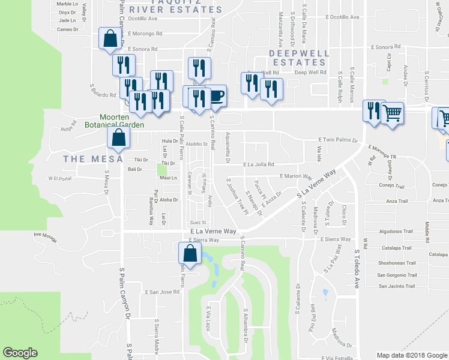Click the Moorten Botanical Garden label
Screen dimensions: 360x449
tap(122, 121)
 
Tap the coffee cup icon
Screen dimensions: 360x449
tap(216, 95)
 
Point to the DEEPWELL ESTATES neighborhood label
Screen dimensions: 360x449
tap(299, 58)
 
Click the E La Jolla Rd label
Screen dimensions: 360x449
tap(259, 164)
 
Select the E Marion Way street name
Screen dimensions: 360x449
tap(296, 176)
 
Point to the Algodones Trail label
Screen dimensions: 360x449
tap(395, 231)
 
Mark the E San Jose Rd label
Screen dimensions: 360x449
tap(162, 292)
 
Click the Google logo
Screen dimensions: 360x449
tap(20, 353)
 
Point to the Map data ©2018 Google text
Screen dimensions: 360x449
tap(411, 355)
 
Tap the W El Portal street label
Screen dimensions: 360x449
tap(59, 178)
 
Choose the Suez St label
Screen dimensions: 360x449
tap(198, 221)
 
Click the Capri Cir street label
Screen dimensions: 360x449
tap(388, 62)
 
